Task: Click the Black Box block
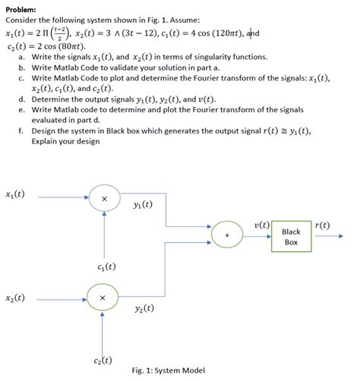291,236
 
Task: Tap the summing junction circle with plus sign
227,236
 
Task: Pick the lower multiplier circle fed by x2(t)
103,298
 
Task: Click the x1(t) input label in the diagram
15,194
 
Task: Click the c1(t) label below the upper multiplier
107,266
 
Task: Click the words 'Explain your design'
64,140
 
